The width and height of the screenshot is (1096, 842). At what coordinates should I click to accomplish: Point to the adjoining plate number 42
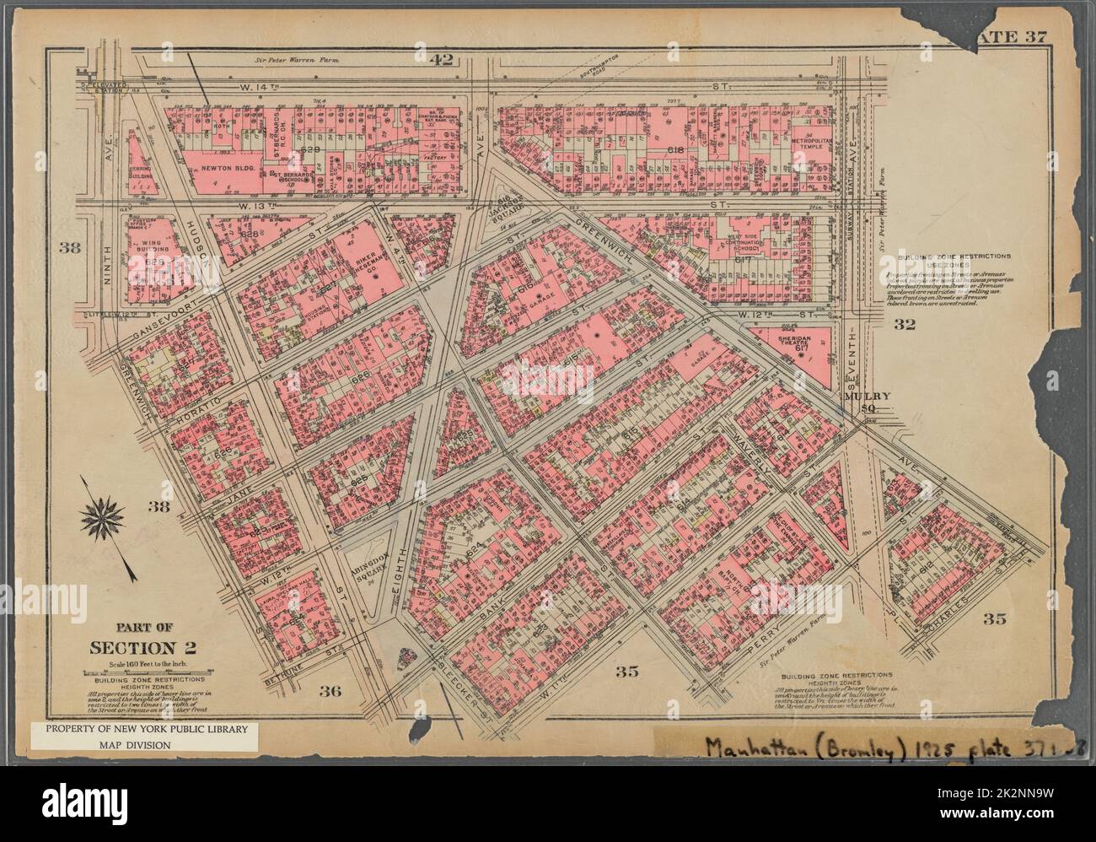(441, 59)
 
